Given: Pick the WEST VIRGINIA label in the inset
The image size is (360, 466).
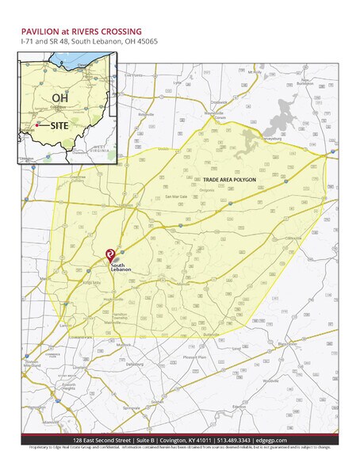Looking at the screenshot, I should pyautogui.click(x=101, y=149).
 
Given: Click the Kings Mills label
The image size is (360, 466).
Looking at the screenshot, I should pyautogui.click(x=91, y=283).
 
